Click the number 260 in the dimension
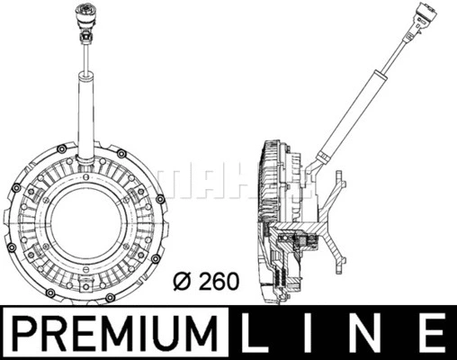coord(219,282)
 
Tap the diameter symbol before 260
coord(183,282)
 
